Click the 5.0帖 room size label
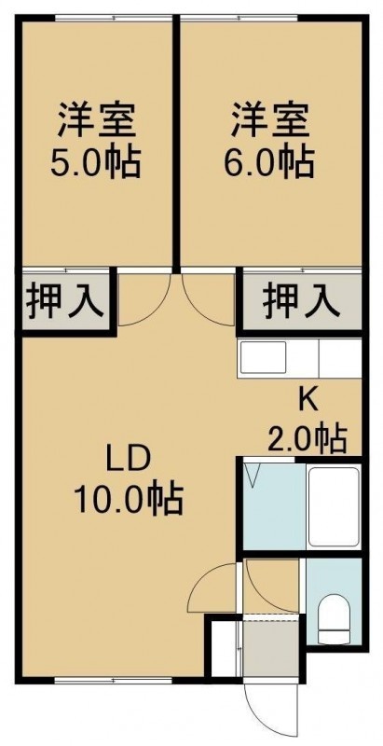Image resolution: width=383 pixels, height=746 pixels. (95, 162)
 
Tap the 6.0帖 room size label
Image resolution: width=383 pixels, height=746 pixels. (269, 162)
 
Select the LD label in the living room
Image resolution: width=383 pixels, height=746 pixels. (129, 461)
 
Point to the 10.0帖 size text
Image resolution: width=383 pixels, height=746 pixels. (129, 499)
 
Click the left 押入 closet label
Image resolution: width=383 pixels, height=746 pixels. (64, 301)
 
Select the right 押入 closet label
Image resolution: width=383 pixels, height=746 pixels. (301, 301)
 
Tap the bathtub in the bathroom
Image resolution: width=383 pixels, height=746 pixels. (333, 506)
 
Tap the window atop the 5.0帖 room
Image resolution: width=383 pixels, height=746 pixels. (113, 18)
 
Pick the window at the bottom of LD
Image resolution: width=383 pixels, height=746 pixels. (113, 681)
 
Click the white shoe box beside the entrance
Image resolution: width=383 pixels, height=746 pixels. (224, 647)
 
